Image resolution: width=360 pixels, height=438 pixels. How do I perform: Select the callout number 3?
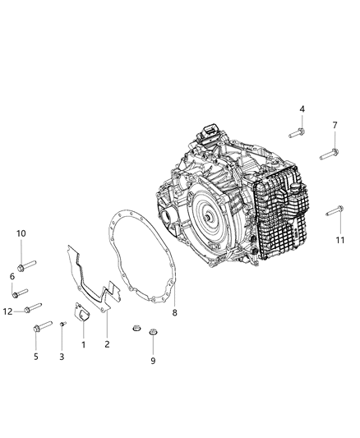pyautogui.click(x=61, y=356)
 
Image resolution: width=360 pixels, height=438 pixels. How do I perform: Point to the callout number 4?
pyautogui.click(x=302, y=109)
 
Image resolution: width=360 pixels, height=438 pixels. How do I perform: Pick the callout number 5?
pyautogui.click(x=35, y=356)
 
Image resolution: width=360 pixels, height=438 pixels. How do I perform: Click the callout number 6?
pyautogui.click(x=12, y=276)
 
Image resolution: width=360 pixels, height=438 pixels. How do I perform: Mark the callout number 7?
pyautogui.click(x=335, y=125)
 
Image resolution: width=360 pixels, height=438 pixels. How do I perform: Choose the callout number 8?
pyautogui.click(x=174, y=311)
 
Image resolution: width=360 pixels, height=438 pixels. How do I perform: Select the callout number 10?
pyautogui.click(x=21, y=233)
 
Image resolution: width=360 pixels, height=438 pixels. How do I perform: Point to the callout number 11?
pyautogui.click(x=339, y=239)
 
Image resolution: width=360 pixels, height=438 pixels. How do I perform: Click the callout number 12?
pyautogui.click(x=7, y=311)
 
